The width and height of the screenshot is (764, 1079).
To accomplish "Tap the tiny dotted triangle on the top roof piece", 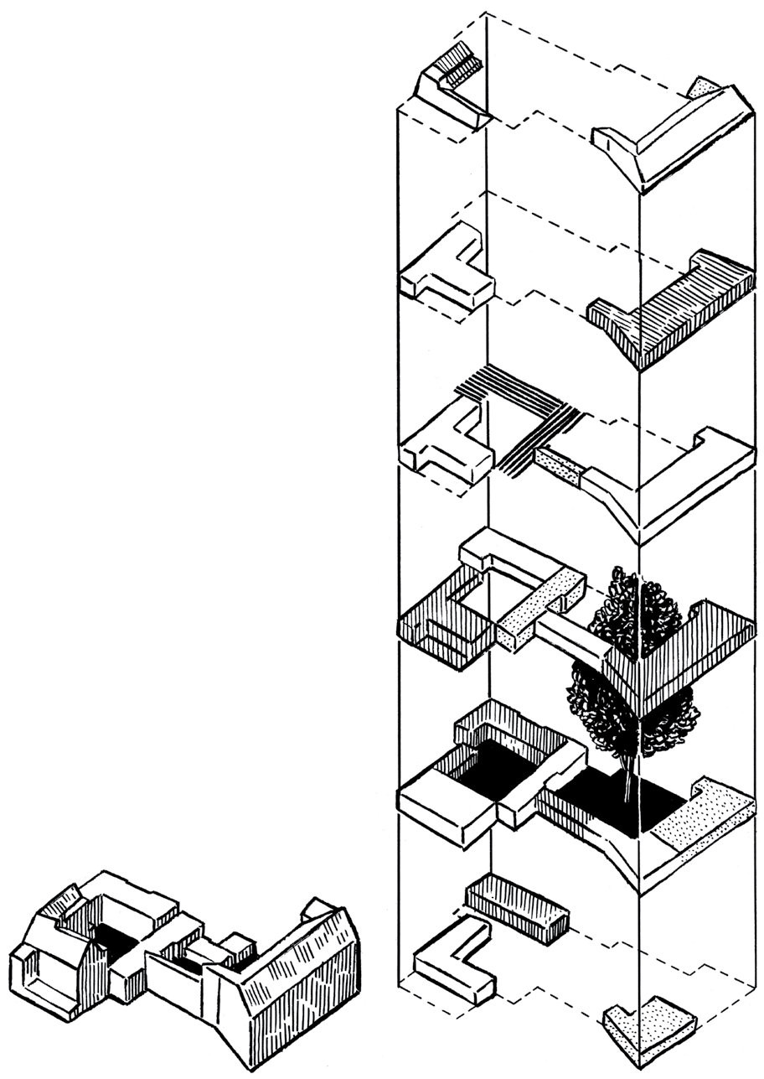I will tap(703, 87).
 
